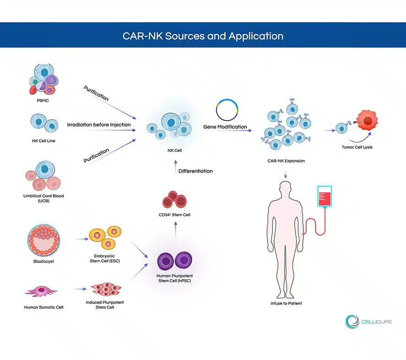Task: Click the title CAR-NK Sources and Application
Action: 203,36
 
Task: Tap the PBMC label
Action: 43,101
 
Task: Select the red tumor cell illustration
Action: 367,120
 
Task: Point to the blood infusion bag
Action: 325,196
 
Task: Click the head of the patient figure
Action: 285,188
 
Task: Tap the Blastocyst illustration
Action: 44,240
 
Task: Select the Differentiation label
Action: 196,171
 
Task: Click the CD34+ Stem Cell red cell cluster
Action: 175,200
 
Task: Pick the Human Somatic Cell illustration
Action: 41,291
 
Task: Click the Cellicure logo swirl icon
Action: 352,322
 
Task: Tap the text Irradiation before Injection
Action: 99,125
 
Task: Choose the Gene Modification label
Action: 225,127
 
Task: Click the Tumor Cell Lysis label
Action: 357,147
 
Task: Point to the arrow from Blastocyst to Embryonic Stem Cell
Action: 81,239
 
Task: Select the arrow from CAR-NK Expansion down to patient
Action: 285,174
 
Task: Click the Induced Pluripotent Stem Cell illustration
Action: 106,289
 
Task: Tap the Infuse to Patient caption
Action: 286,303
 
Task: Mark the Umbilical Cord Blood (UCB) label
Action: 44,198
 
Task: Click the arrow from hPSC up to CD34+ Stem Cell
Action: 176,230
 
